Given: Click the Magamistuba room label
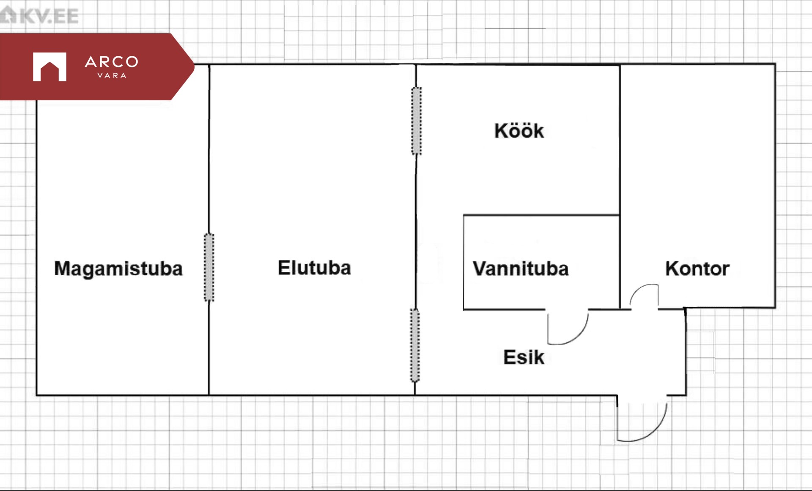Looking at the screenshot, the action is coord(118,269).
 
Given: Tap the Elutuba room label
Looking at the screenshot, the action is coord(314,268).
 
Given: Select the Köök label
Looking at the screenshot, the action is coord(519,131).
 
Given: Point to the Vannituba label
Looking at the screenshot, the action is coord(521,269).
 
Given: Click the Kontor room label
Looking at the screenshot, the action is coord(697,269).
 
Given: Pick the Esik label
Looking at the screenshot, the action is coord(524,357).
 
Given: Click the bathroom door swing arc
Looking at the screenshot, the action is coord(568,327).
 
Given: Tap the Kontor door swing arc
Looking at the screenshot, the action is coord(644,295).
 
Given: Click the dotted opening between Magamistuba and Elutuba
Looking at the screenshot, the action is coord(209,267).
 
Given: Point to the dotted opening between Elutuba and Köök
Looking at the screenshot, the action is coord(417,121).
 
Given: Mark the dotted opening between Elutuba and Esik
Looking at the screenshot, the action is coord(415,345).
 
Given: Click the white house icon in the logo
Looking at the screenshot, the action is coord(49,67).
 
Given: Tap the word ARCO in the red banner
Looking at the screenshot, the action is coord(112,62).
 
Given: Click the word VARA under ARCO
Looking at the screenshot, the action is coord(112,76).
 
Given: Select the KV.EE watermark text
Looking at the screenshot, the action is coord(49,17).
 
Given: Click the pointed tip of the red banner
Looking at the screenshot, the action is coord(194,66).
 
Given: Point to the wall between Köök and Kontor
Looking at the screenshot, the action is coord(620,140).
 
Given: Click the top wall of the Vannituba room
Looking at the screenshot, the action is coord(541,215).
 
